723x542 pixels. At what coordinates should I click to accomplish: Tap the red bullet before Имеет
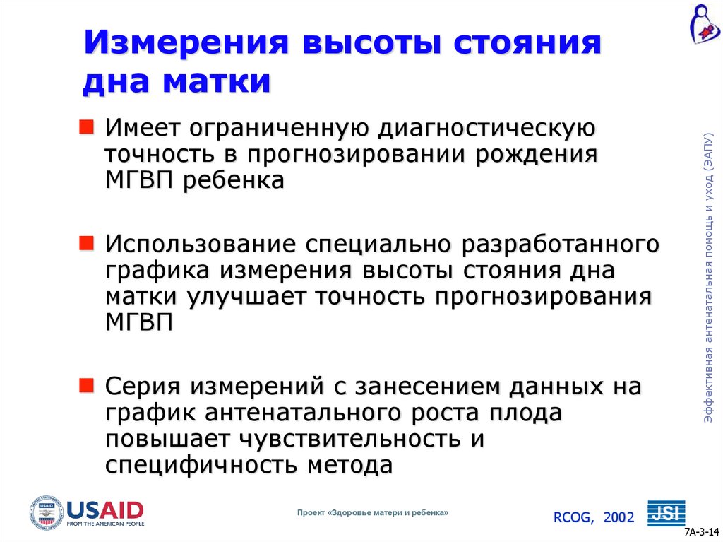coord(85,127)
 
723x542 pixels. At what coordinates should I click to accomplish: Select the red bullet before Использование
coord(85,243)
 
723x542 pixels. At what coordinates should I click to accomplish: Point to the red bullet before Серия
coord(85,385)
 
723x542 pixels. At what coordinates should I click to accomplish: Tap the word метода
coord(349,464)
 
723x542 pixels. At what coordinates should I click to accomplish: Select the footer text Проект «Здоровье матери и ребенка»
coord(373,512)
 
